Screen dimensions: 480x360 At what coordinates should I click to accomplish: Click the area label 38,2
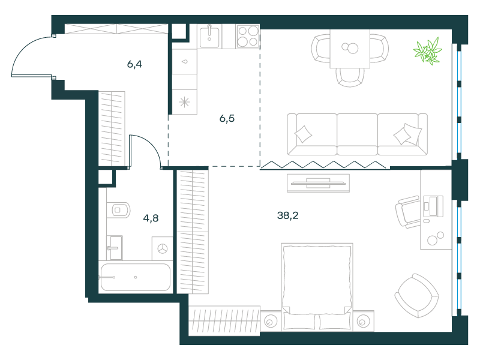point(287,215)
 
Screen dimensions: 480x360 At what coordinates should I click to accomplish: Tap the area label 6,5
point(227,118)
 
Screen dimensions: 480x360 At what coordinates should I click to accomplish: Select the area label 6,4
point(134,64)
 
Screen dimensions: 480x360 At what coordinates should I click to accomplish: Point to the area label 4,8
point(151,218)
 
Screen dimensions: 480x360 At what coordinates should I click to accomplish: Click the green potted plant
point(428,51)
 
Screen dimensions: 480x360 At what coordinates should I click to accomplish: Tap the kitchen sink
point(209,37)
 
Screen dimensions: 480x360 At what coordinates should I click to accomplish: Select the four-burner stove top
point(248,37)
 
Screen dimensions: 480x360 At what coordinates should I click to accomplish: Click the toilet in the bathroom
point(118,210)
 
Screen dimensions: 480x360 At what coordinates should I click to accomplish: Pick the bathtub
point(136,277)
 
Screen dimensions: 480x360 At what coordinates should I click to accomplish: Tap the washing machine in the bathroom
point(162,248)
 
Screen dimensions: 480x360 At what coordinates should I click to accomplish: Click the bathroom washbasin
point(115,248)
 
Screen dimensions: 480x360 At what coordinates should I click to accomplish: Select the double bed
point(317,287)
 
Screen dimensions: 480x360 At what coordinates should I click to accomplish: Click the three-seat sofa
point(357,134)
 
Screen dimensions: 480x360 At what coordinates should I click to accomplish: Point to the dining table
point(350,49)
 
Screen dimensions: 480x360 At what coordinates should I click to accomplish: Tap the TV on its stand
point(319,183)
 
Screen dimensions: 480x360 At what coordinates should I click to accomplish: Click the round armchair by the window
point(416,296)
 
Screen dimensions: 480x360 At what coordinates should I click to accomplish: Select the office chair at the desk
point(408,212)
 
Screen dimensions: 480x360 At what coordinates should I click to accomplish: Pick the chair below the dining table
point(350,77)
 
